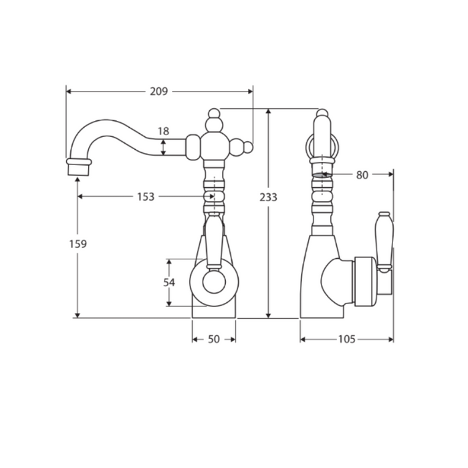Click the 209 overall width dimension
(158, 92)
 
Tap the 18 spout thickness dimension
(164, 131)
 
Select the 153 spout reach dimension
(146, 197)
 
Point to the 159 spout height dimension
(78, 244)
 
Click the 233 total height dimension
(269, 197)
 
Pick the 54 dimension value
(169, 283)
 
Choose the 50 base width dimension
(213, 339)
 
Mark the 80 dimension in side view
(362, 174)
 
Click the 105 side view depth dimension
(346, 339)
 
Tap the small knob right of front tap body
(247, 146)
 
